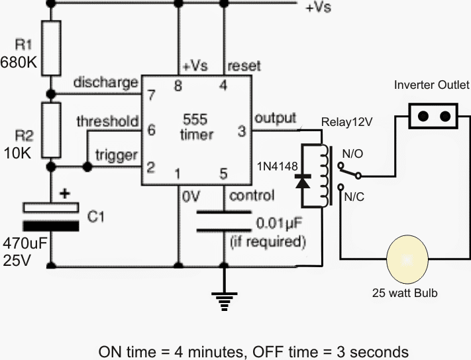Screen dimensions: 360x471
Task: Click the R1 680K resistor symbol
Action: point(52,47)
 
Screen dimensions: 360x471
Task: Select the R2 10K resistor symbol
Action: point(52,130)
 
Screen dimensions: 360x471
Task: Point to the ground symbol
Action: point(226,302)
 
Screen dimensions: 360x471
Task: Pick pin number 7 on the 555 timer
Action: point(150,94)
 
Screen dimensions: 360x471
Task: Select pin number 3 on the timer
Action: point(241,131)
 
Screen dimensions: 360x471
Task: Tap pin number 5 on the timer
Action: point(223,174)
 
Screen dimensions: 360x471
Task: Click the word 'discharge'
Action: point(105,83)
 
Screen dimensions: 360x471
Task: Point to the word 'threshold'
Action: point(107,121)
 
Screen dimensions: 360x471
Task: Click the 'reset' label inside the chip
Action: point(244,66)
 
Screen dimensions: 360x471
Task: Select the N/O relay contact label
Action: point(352,154)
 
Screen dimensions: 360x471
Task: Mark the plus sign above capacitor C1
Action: point(65,196)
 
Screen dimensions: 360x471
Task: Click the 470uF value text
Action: point(25,243)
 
